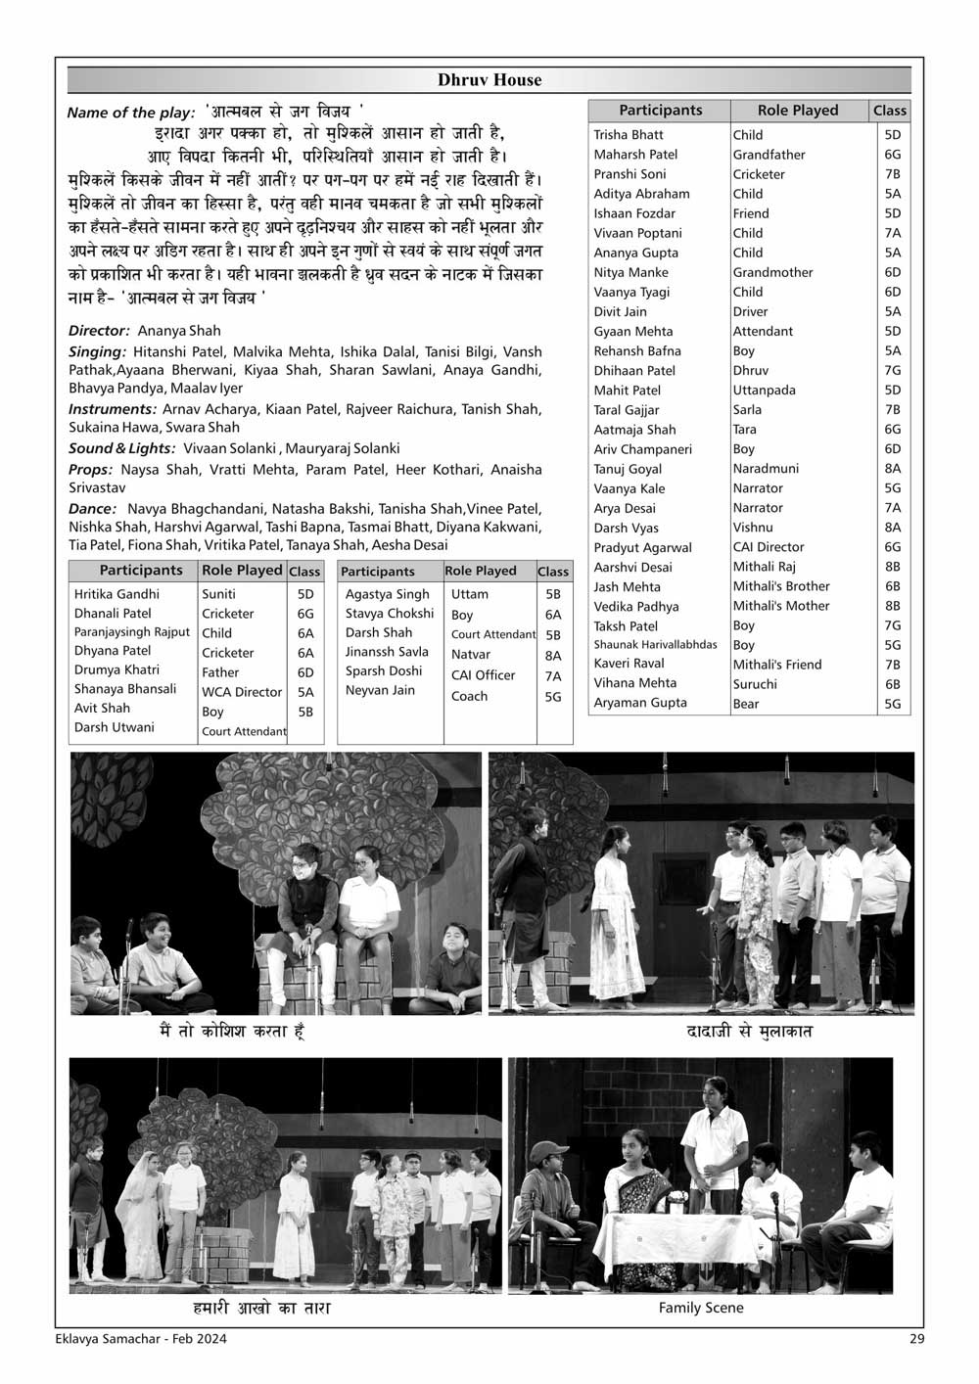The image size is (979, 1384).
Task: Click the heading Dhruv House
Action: coord(489,80)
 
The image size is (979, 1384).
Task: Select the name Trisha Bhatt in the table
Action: coord(629,135)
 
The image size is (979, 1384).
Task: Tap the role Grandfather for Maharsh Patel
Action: coord(769,155)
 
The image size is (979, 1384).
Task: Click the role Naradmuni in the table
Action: coord(766,469)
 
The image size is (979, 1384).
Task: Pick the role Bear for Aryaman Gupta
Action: coord(746,704)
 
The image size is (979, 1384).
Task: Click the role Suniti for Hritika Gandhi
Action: coord(218,594)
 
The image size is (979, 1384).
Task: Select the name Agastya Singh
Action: coord(387,594)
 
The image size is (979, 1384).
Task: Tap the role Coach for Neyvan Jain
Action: coord(469,697)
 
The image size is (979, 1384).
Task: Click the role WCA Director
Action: coord(241,692)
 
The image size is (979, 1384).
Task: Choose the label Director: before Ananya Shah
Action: coord(99,331)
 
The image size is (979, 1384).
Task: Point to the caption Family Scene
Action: coord(701,1308)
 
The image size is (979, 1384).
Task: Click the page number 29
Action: coord(915,1339)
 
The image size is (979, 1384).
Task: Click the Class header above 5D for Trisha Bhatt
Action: coord(891,111)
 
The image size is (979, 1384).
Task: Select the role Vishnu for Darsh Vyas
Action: coord(753,528)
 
